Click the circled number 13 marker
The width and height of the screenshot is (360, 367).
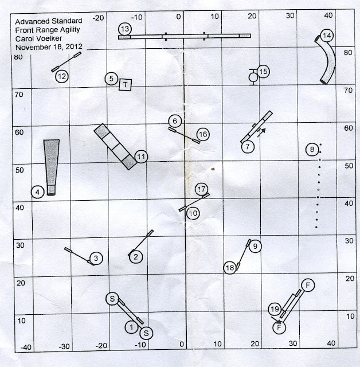pos(125,29)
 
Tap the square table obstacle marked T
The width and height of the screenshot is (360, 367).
pos(125,84)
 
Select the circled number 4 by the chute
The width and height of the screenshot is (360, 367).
pos(38,192)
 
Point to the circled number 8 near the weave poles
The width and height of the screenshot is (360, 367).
pos(312,149)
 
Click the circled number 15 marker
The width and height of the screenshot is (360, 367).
pos(263,72)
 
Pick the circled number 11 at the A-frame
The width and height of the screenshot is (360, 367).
pos(141,157)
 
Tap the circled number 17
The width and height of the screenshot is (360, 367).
pos(201,189)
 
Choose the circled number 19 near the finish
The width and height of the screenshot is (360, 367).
pos(275,310)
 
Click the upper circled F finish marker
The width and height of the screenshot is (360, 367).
pos(308,285)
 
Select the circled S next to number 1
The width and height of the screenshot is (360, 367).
pos(146,333)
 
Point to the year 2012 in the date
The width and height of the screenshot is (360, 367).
pos(74,46)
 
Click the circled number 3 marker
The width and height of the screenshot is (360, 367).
pos(96,259)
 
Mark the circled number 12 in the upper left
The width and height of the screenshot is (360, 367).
pos(62,76)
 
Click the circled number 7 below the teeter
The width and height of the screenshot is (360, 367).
pos(248,147)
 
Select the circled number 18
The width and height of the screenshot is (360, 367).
pos(230,268)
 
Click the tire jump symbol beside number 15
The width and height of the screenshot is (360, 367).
pos(253,77)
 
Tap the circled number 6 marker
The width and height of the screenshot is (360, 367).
pos(175,121)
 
